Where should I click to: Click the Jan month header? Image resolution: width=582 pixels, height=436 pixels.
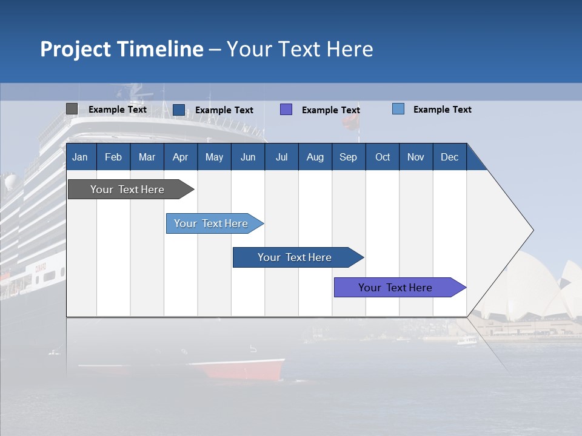tap(80, 157)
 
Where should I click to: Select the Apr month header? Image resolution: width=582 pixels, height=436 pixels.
tap(180, 157)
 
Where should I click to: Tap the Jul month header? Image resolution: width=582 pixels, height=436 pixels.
tap(281, 157)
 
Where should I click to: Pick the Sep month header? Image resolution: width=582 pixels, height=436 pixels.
tap(348, 157)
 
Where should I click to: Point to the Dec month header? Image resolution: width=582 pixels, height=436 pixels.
tap(449, 157)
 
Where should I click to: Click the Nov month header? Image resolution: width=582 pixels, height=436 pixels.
tap(415, 157)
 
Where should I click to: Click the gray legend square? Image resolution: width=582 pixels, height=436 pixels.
tap(72, 109)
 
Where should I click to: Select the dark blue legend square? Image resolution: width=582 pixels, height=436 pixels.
tap(179, 110)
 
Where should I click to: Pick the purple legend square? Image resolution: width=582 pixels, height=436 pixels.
tap(286, 110)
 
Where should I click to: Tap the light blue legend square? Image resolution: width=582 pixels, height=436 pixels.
tap(398, 109)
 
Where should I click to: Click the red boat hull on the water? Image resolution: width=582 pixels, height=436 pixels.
tap(242, 369)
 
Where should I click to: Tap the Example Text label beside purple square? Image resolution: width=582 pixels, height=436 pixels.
tap(330, 110)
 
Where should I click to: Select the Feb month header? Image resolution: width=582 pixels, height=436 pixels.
tap(113, 157)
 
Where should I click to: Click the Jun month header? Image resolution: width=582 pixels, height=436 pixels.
tap(248, 157)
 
